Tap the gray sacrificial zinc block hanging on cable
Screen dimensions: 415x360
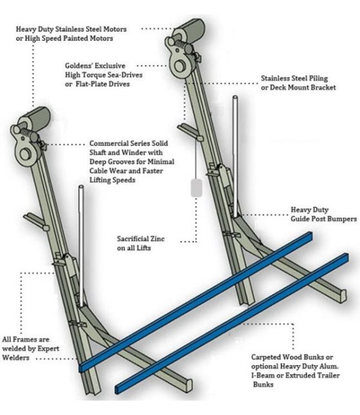[196, 188]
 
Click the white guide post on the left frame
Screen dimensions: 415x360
[81, 243]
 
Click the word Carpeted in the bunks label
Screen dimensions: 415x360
[266, 357]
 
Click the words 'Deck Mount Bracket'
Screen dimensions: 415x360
[304, 87]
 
